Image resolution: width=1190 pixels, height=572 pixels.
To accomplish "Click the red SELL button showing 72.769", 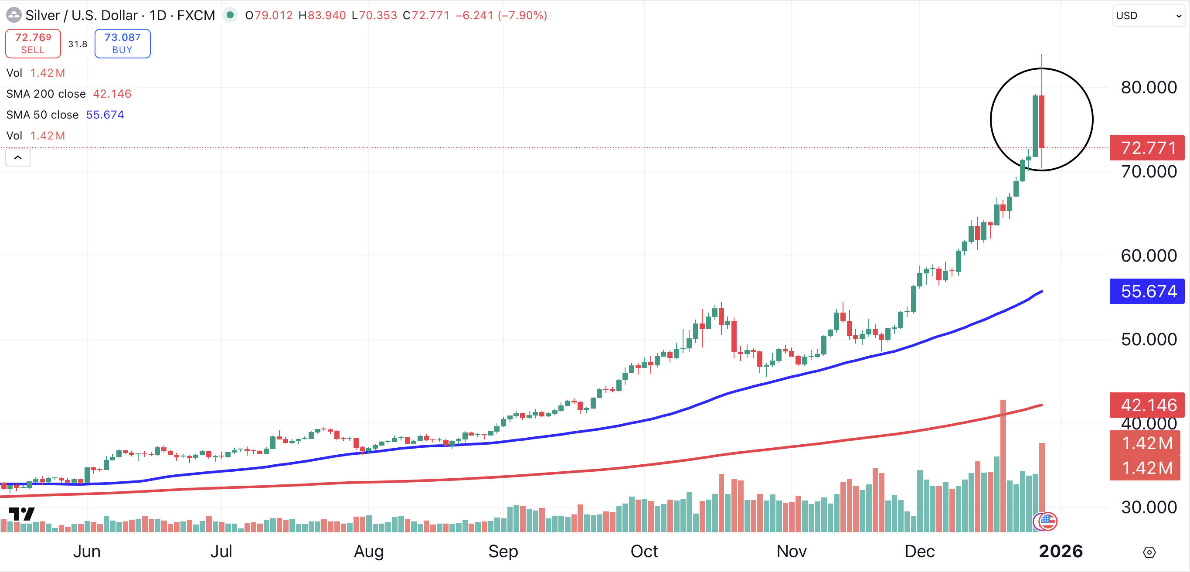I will (x=33, y=44).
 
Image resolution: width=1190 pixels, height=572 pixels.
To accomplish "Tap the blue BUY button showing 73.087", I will (x=122, y=44).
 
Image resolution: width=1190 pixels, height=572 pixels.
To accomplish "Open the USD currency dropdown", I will (x=1149, y=16).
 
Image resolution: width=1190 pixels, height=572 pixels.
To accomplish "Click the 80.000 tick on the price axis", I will (x=1149, y=87).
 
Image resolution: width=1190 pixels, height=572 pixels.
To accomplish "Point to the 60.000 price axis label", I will (x=1149, y=255).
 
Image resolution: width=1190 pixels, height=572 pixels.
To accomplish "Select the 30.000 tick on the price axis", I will (x=1149, y=507).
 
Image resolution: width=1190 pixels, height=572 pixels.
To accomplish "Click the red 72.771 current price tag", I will (x=1147, y=148).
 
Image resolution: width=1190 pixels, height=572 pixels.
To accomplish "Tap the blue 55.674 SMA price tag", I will (x=1147, y=292).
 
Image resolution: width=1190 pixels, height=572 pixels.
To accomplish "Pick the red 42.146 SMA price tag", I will (x=1147, y=405).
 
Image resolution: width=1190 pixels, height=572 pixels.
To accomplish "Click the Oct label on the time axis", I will (x=644, y=551).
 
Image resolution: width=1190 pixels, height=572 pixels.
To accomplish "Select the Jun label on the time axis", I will (x=87, y=551).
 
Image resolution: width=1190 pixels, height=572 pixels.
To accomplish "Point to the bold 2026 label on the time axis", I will (x=1061, y=551).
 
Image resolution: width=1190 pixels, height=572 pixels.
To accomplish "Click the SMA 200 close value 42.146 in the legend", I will (x=112, y=94).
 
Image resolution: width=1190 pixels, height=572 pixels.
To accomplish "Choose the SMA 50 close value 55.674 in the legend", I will (x=105, y=115).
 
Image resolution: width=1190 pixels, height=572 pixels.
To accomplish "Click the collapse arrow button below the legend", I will (x=17, y=157).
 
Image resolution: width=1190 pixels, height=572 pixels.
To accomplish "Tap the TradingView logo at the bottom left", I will (x=21, y=514).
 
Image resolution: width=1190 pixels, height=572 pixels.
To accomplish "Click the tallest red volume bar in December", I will (x=1003, y=466).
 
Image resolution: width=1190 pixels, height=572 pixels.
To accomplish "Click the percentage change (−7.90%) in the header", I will (x=523, y=15).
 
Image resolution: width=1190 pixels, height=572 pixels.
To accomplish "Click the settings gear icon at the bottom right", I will (x=1149, y=552).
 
